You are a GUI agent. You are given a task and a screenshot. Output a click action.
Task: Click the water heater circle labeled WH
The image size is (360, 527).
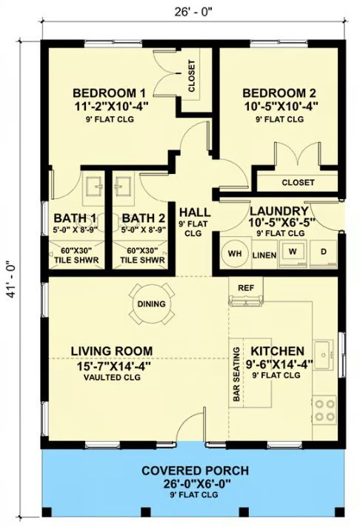(x=235, y=253)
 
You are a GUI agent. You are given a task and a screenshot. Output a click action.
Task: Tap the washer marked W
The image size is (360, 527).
(x=293, y=253)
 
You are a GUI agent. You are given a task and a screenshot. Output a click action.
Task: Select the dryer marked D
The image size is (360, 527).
(x=323, y=253)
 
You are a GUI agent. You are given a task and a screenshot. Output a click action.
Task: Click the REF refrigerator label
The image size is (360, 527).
(x=246, y=288)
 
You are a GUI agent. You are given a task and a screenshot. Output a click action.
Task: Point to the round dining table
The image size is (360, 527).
(x=151, y=303)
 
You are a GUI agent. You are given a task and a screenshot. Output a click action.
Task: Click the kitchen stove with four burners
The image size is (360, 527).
(x=324, y=410)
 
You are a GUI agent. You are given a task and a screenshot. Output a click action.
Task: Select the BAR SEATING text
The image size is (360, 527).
(x=236, y=374)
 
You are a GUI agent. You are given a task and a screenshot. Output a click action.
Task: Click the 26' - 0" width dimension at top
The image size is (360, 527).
(x=193, y=12)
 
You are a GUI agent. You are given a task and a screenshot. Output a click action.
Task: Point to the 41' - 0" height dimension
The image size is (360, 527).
(x=11, y=279)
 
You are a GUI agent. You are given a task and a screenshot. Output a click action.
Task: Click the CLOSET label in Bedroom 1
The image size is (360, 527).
(x=191, y=76)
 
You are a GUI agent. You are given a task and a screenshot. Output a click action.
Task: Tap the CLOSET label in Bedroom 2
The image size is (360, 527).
(x=298, y=183)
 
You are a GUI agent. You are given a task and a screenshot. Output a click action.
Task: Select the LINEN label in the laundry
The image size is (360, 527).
(x=264, y=255)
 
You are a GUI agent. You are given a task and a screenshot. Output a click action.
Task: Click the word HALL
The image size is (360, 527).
(x=195, y=212)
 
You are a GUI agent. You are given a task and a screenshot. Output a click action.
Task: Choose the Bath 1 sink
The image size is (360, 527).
(x=94, y=185)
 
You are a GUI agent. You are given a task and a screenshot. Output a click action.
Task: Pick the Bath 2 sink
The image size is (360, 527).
(x=123, y=185)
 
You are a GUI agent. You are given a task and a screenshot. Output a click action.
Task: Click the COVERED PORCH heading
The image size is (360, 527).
(x=195, y=471)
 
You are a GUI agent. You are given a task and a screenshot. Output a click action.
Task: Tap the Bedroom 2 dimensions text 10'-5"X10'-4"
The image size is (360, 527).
(x=281, y=106)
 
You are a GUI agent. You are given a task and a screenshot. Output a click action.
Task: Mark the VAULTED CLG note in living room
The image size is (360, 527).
(x=112, y=377)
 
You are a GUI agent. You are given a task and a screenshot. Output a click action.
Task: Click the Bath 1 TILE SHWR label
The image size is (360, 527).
(x=76, y=260)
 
